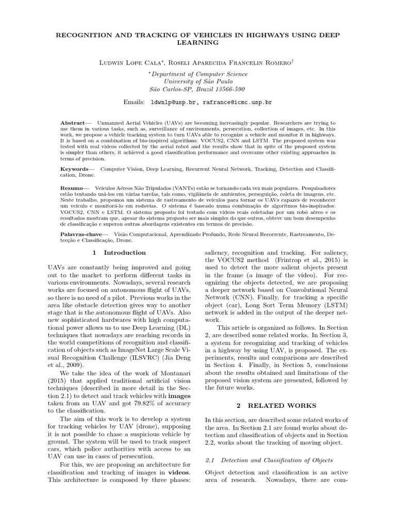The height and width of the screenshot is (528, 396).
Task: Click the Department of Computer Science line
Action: click(x=199, y=74)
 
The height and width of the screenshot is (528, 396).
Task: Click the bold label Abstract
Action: click(x=72, y=123)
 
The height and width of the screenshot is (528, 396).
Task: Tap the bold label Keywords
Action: click(x=74, y=169)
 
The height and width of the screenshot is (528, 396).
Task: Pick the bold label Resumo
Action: click(x=72, y=189)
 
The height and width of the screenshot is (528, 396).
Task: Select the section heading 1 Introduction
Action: click(x=119, y=253)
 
